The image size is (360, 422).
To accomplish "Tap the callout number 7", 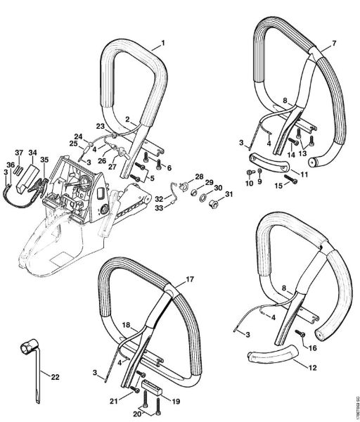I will (x=334, y=43).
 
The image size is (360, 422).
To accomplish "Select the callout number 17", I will (x=189, y=280).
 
